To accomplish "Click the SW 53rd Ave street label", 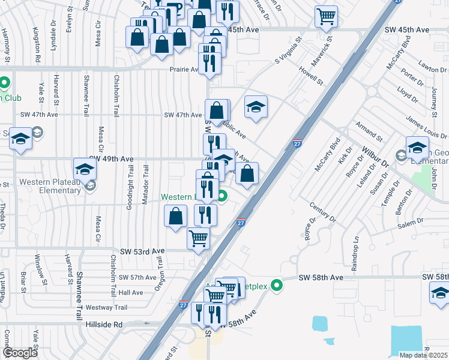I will pos(142,251).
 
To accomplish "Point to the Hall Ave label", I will pos(131,292).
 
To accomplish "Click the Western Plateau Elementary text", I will pos(49,187).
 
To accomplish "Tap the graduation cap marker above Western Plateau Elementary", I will pos(85,169).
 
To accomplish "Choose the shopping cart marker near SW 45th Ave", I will pos(326,17).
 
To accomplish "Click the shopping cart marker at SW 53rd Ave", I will pos(199,238).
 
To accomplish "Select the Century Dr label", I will pos(322,212).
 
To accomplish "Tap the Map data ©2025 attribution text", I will pos(424,355).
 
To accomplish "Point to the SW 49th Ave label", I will pos(113,159).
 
